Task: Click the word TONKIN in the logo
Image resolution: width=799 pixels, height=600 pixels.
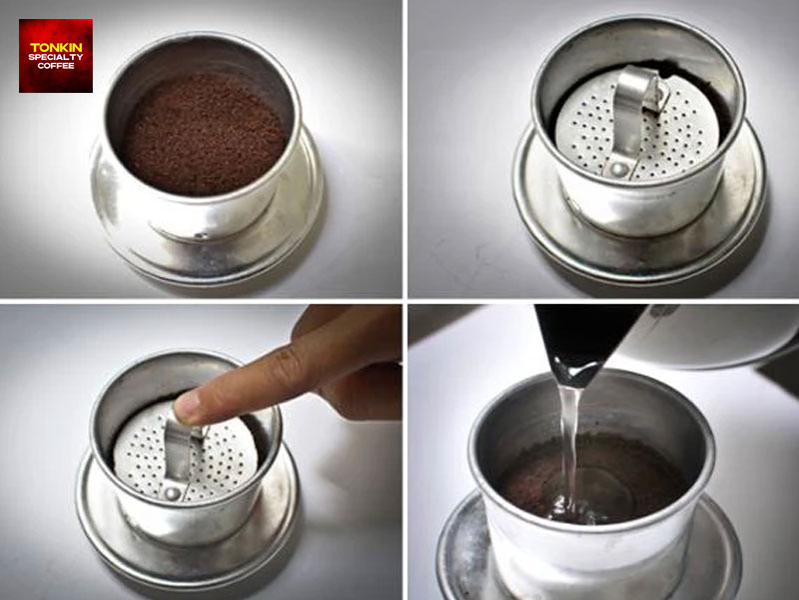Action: coord(55,47)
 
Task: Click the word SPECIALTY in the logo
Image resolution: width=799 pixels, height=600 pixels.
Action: coord(55,57)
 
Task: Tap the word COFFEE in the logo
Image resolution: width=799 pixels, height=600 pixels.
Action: coord(55,66)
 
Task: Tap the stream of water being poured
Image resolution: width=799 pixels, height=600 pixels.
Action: coord(570,440)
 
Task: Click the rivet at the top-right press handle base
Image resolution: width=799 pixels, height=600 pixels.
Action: coord(621,169)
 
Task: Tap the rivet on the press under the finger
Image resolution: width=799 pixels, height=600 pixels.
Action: coord(172,492)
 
